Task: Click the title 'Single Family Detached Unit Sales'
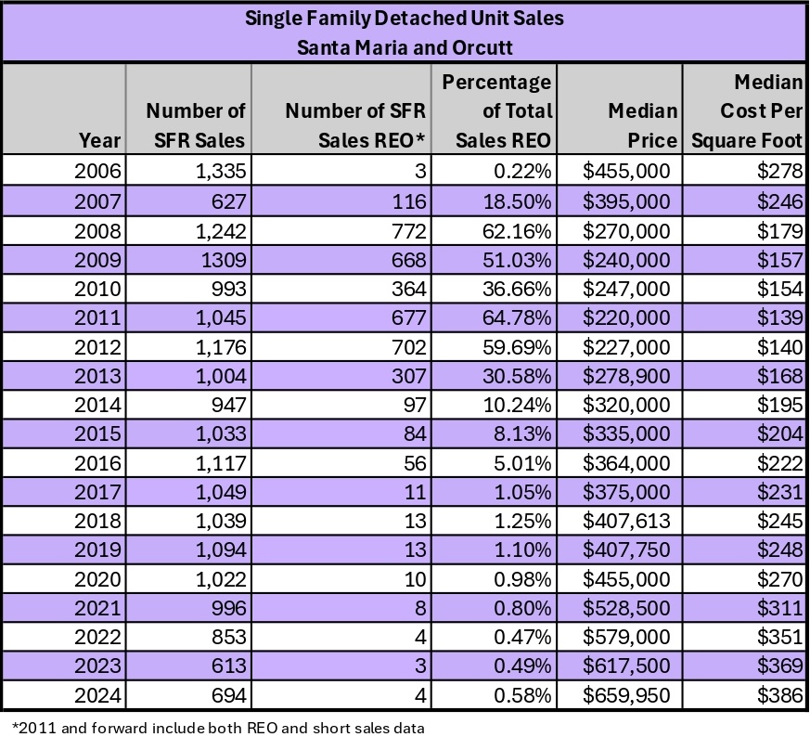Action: tap(405, 18)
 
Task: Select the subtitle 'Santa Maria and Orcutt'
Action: tap(405, 46)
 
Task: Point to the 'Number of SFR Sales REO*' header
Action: tap(355, 125)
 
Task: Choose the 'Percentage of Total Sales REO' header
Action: tap(497, 111)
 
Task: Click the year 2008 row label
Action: tap(96, 229)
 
